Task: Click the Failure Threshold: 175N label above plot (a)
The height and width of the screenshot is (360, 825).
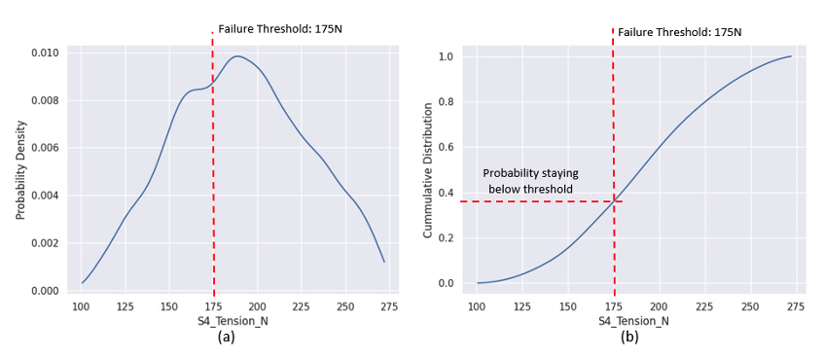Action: click(280, 29)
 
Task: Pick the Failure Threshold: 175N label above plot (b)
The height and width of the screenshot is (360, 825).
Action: click(680, 32)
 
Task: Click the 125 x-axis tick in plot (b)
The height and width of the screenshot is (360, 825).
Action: click(522, 306)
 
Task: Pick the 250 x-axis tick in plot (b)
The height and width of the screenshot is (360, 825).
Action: click(749, 306)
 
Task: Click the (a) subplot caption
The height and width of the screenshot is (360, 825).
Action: click(227, 339)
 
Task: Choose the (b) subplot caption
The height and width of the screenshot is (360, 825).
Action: click(629, 339)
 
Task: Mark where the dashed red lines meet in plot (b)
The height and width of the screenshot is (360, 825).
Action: click(614, 201)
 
